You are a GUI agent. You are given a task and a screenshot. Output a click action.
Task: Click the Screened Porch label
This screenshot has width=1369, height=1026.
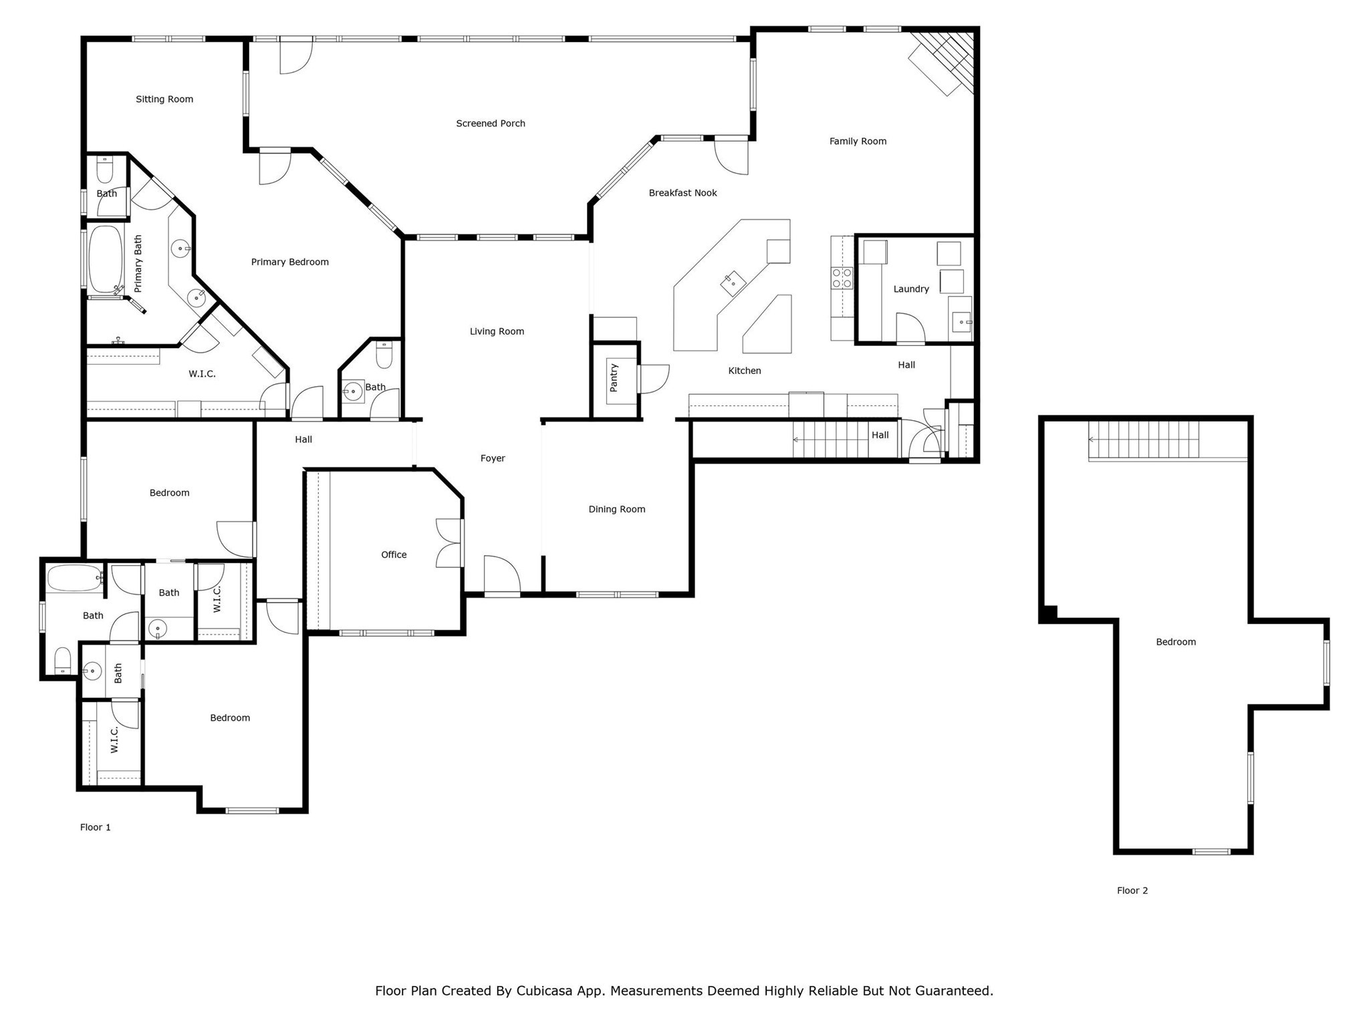[490, 124]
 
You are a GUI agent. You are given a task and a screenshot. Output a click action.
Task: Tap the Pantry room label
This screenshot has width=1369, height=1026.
[614, 377]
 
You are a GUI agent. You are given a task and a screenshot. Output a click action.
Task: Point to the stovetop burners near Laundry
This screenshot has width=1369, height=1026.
[842, 278]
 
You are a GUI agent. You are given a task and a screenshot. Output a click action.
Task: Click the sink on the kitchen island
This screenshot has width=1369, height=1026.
[733, 283]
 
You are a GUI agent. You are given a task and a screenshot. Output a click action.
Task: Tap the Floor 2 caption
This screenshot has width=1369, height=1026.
[1132, 890]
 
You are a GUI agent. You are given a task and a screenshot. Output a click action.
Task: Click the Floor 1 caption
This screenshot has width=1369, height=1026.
[95, 827]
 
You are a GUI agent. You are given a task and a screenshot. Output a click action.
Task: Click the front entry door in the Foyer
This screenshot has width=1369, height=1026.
[501, 575]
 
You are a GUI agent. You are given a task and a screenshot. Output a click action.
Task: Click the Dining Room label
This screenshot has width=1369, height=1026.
[616, 509]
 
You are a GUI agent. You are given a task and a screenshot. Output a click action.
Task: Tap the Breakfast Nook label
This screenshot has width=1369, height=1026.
[682, 193]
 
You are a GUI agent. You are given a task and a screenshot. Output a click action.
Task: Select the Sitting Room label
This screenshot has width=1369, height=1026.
[164, 100]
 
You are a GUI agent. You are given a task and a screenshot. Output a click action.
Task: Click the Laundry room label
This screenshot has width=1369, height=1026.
[910, 289]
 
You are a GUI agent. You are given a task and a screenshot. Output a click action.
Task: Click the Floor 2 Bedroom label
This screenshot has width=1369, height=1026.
[1175, 642]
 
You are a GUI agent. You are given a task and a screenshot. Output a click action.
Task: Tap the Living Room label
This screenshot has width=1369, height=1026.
[496, 331]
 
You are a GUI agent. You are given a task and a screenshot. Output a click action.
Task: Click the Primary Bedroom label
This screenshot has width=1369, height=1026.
[289, 262]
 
